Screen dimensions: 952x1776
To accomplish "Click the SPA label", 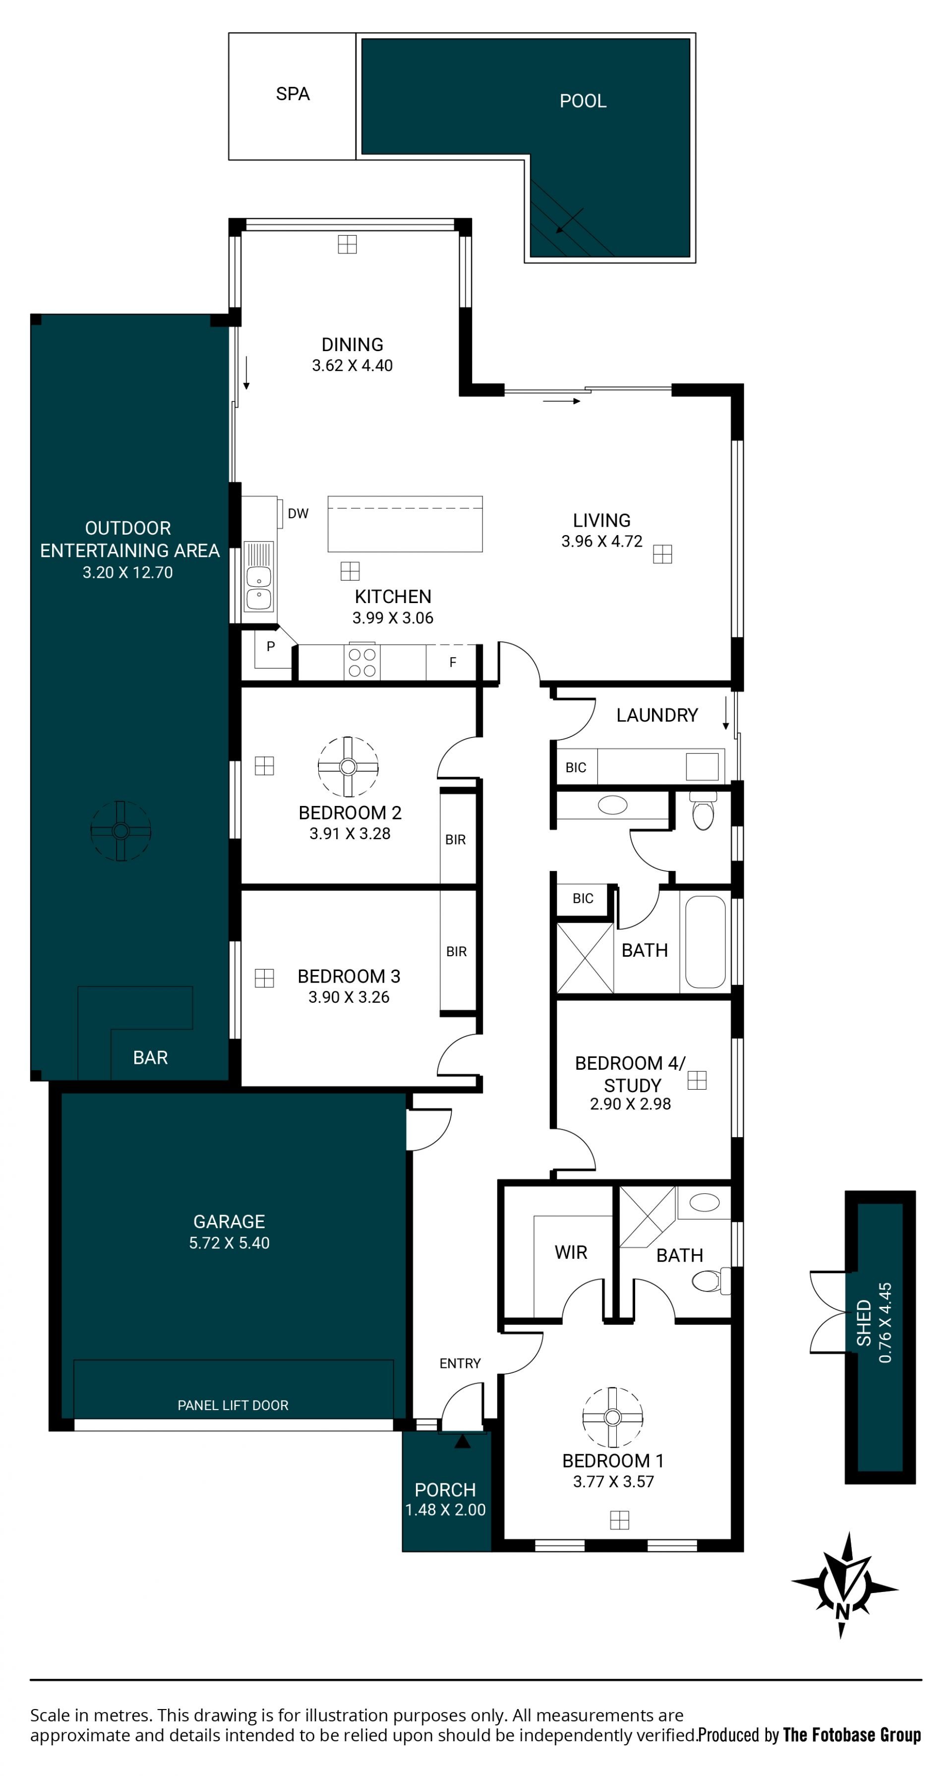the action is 292,94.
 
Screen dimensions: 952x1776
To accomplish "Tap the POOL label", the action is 583,101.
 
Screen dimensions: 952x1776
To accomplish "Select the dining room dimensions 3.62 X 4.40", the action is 352,366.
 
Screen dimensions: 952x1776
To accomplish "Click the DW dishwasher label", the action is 298,514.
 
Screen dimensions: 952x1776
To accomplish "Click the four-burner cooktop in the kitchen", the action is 362,662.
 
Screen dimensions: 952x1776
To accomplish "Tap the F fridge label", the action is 453,663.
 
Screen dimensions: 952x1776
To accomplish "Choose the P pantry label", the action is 271,647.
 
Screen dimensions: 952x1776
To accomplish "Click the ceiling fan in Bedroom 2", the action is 348,767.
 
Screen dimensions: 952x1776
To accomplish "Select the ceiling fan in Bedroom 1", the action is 612,1417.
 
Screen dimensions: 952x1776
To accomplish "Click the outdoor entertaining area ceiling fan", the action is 120,831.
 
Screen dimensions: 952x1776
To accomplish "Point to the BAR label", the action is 150,1057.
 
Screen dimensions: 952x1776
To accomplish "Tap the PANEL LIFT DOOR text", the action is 233,1405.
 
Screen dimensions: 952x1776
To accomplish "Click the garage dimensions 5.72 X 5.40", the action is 229,1243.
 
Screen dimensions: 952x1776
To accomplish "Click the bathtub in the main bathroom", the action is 705,942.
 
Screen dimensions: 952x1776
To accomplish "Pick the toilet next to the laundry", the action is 703,811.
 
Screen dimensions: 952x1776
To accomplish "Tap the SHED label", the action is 864,1323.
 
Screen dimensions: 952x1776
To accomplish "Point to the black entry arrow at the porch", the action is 462,1441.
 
